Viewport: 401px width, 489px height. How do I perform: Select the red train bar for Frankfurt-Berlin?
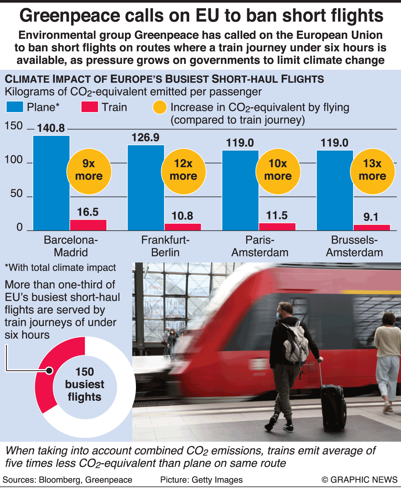click(x=183, y=227)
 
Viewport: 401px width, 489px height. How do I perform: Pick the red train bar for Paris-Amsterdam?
click(x=277, y=226)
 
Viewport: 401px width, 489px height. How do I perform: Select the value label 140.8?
click(x=51, y=128)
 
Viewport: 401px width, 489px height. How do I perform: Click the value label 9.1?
click(x=371, y=217)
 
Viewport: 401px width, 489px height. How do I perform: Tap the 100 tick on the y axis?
click(x=14, y=160)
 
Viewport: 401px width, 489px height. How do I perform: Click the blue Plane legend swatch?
click(x=15, y=107)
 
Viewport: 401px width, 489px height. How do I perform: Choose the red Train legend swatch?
click(x=90, y=107)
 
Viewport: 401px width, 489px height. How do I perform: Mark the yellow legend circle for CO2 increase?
click(x=160, y=107)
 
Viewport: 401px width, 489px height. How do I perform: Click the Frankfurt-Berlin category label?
click(x=165, y=246)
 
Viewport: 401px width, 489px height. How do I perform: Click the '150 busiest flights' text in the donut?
click(x=85, y=384)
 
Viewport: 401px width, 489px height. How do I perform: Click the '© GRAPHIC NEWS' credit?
click(x=359, y=480)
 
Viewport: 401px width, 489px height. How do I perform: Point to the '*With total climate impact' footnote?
click(x=60, y=268)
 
